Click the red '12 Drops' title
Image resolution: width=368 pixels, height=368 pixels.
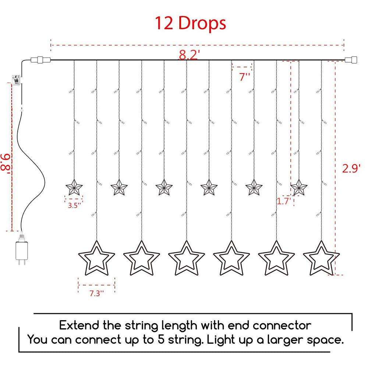coord(190,23)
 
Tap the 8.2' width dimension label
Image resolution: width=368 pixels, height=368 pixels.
coord(189,55)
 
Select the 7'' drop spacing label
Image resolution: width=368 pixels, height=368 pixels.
coord(245,77)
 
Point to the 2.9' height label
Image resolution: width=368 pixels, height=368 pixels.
coord(351,168)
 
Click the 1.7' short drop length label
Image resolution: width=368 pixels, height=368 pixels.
coord(284,201)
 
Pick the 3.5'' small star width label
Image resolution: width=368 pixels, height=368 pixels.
coord(74,205)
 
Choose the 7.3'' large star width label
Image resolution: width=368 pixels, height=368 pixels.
coord(96,293)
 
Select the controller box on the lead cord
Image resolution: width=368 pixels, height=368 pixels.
coord(16,80)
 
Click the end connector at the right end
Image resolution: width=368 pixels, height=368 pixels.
coord(351,60)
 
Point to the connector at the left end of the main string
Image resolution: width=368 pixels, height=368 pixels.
coord(40,60)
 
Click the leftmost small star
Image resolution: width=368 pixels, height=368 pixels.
coord(74,188)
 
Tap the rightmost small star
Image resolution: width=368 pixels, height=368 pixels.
coord(299,188)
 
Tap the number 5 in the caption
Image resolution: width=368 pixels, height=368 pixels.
coord(161,340)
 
